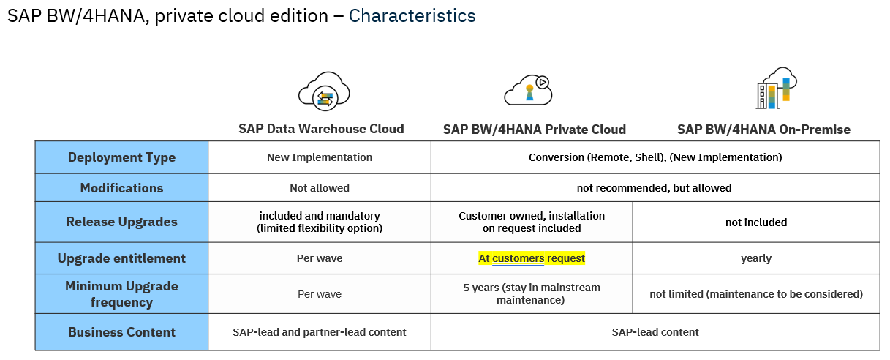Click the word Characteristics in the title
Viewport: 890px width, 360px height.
(412, 16)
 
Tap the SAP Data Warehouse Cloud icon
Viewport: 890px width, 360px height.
(324, 91)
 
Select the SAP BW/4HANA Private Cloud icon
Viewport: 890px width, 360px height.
(529, 90)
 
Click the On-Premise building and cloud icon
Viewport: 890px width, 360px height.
(777, 88)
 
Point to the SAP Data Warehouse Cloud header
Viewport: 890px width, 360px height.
(321, 129)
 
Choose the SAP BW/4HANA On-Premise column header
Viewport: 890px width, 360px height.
(763, 130)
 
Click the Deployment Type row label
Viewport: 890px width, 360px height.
(121, 157)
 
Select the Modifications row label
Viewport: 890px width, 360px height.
(121, 188)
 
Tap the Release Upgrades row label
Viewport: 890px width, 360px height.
(121, 222)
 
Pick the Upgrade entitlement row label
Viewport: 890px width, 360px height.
(121, 258)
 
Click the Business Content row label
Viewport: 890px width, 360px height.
(121, 332)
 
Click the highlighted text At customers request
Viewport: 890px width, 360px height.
(532, 258)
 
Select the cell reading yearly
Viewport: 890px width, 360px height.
(756, 259)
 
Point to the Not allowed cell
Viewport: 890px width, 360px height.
(320, 188)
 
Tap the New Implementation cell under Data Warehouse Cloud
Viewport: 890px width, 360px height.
(320, 157)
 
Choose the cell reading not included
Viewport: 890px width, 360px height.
(756, 222)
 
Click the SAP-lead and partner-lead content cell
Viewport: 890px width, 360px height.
(320, 332)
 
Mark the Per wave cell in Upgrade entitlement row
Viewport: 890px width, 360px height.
(320, 258)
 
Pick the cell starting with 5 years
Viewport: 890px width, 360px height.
(532, 293)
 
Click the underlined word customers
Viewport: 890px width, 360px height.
(518, 259)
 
